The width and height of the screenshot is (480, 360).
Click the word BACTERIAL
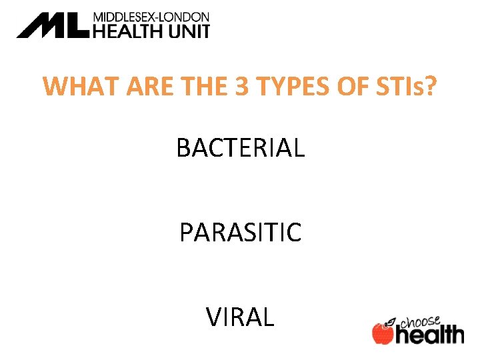pos(240,147)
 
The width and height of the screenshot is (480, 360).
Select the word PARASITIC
pos(240,233)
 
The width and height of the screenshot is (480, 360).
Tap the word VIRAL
pos(240,317)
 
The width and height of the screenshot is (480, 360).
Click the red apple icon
pos(383,333)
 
